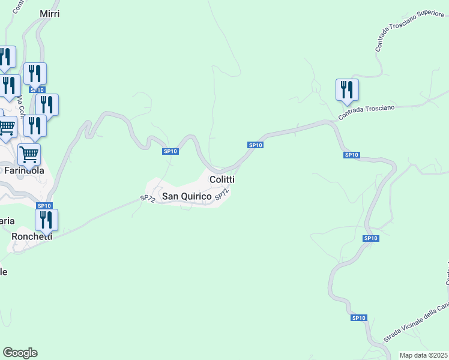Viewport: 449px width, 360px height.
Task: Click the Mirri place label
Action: [49, 14]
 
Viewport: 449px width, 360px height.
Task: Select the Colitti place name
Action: [221, 179]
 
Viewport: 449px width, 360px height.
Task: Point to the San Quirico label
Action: [187, 196]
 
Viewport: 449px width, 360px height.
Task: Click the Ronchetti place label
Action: [32, 236]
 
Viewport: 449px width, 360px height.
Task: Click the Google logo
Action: [20, 353]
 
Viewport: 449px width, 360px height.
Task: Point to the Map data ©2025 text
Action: [423, 355]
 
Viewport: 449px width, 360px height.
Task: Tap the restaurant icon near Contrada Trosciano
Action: [347, 91]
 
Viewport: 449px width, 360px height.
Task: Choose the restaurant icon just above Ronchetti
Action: [46, 220]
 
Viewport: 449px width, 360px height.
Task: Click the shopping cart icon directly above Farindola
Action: [29, 155]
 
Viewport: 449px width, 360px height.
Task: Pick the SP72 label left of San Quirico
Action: [148, 198]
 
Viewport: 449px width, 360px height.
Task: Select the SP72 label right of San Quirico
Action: [221, 194]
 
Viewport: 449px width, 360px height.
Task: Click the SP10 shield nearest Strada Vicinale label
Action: [358, 317]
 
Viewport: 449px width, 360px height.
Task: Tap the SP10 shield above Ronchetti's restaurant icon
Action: [44, 206]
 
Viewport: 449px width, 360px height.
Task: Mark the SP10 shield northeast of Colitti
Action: [255, 145]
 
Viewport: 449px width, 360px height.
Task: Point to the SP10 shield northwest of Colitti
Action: [170, 151]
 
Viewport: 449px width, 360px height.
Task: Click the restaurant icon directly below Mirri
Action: [35, 74]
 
